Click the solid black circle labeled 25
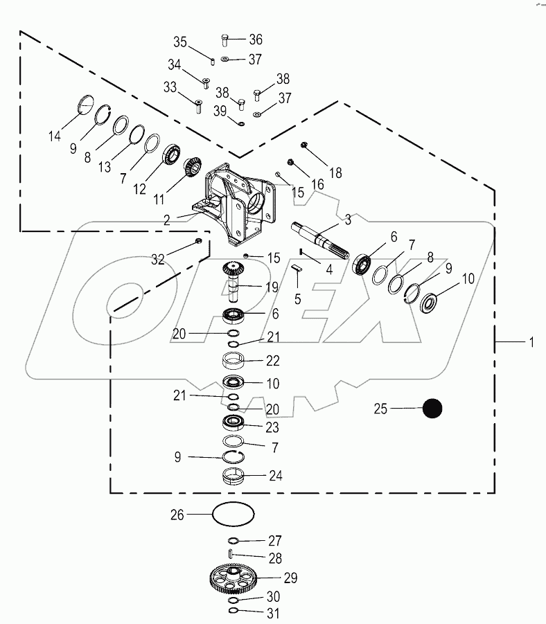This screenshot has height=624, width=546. pos(432,409)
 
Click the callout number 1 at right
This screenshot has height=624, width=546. pos(531,343)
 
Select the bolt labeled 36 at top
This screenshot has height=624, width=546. pos(224,40)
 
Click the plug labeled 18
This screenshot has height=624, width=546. pos(303,145)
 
